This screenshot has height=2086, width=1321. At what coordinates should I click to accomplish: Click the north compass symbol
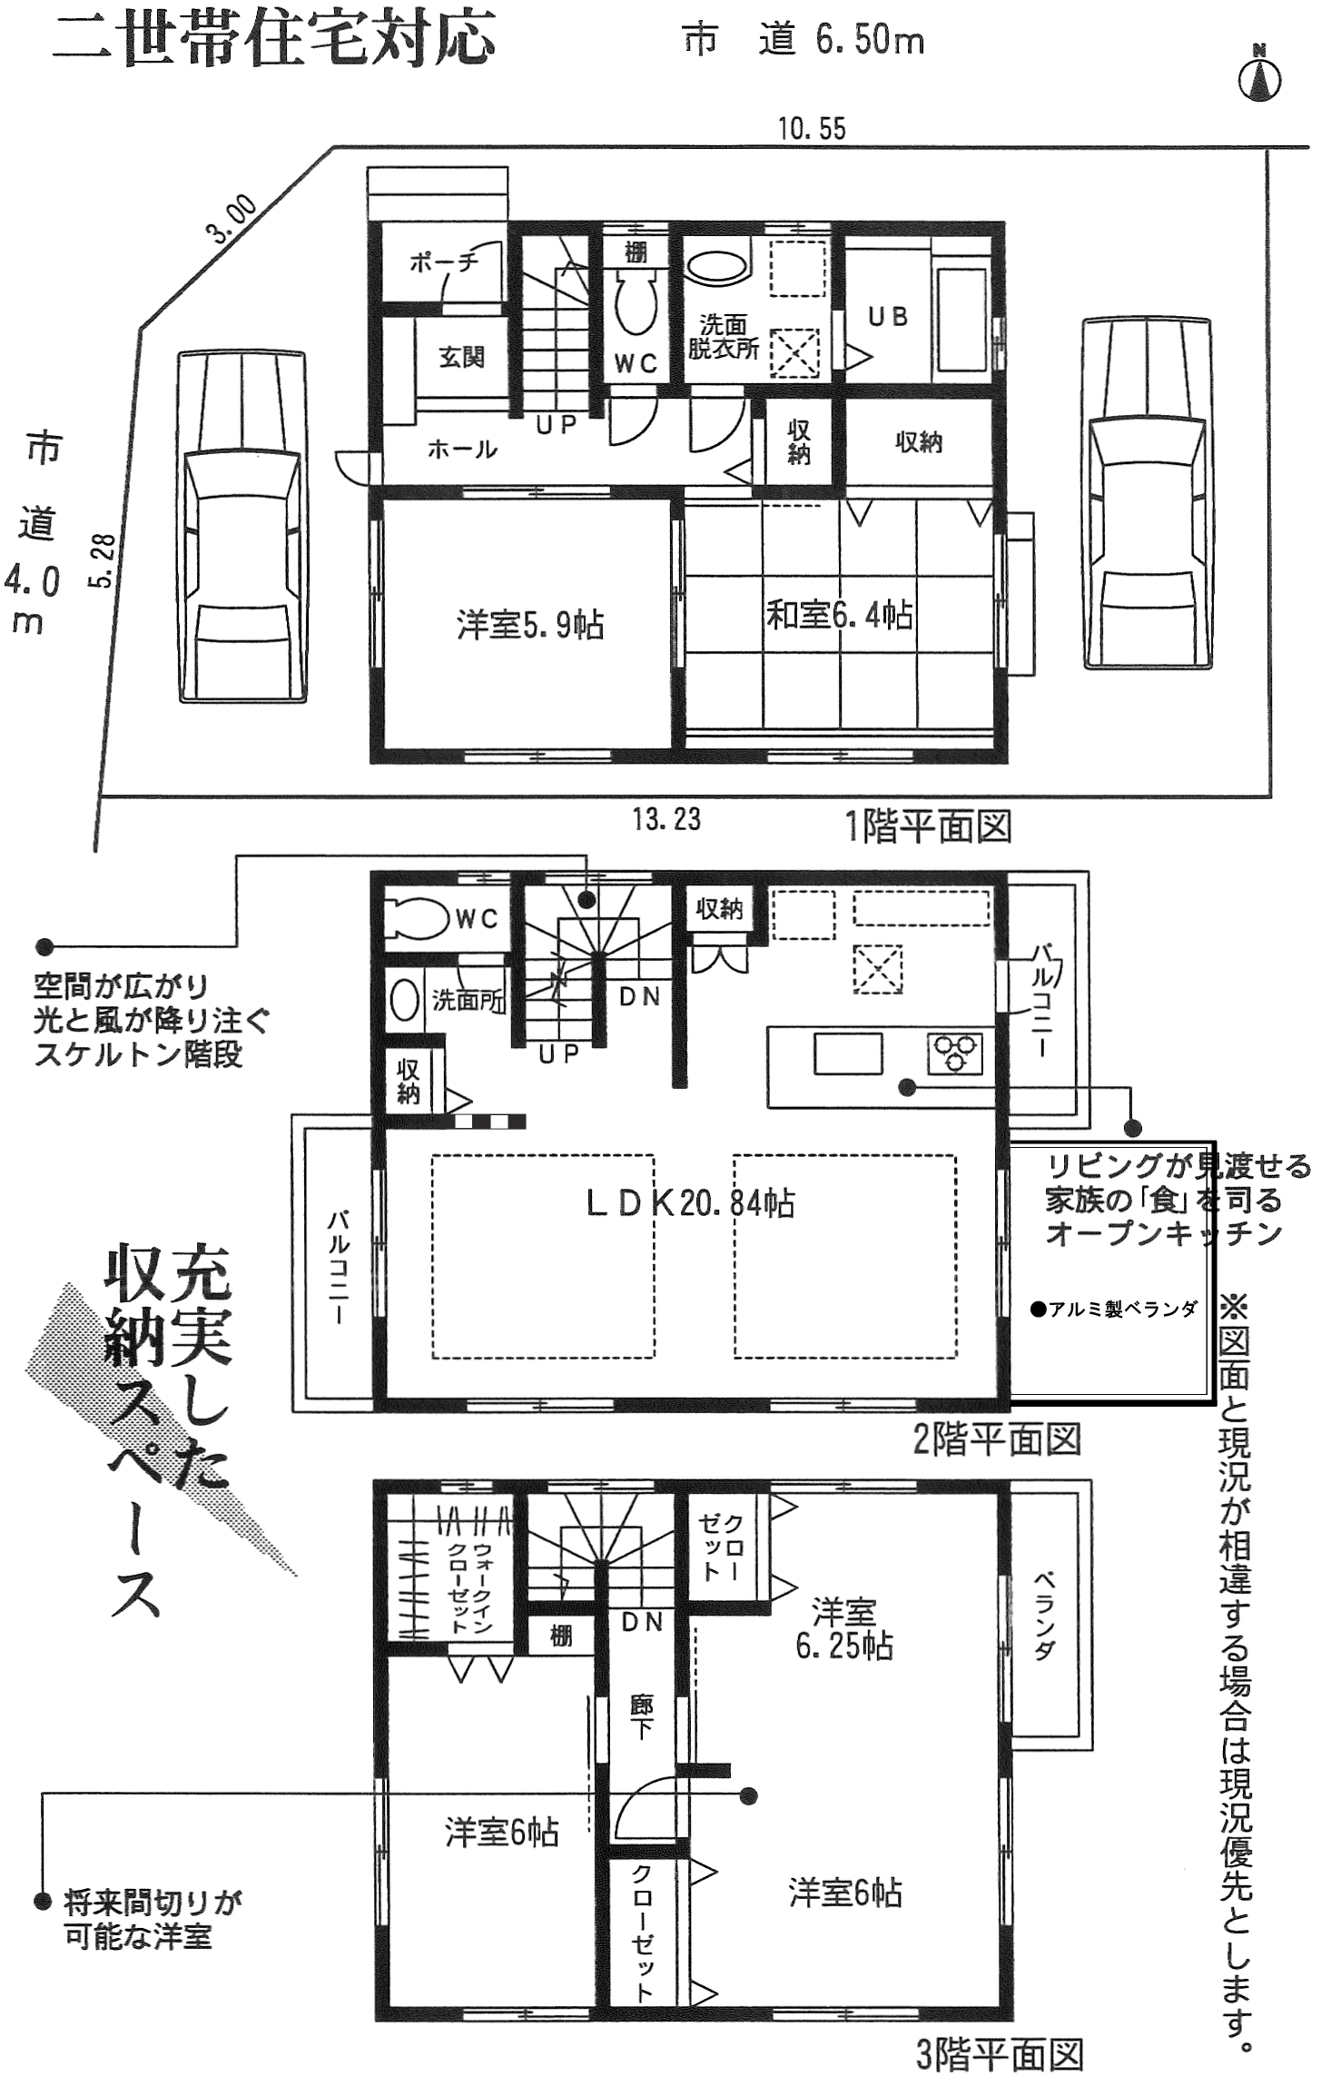click(x=1259, y=73)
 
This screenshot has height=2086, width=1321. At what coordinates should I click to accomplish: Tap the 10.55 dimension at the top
click(x=812, y=129)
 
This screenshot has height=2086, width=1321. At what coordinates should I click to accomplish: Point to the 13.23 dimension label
click(x=666, y=819)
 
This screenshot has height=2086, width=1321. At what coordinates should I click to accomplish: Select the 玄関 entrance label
click(x=461, y=357)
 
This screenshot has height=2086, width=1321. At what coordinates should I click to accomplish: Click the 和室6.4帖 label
click(x=840, y=616)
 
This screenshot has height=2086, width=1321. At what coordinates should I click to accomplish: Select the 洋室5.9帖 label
click(x=530, y=626)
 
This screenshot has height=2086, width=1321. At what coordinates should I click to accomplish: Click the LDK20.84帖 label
click(x=690, y=1203)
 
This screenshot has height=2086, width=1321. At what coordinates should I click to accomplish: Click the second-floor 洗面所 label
click(x=468, y=1001)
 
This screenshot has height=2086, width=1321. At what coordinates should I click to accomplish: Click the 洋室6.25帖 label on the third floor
click(x=844, y=1628)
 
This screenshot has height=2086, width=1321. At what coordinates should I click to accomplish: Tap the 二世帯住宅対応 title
click(x=274, y=39)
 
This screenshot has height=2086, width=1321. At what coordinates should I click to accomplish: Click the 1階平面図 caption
click(x=929, y=826)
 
